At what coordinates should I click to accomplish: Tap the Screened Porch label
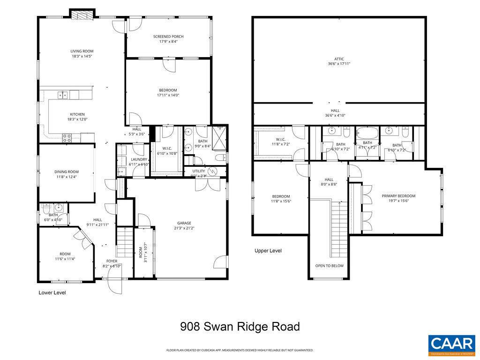coord(168,39)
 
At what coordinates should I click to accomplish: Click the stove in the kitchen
coord(67,138)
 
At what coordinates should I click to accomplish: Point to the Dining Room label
coord(66,174)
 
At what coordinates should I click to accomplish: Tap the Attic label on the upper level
coord(339,61)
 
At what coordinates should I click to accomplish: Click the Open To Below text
coord(329,266)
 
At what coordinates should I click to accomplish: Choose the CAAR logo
coord(452,345)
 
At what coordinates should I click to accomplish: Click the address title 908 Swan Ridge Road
coord(240,327)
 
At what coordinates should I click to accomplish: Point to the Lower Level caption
coord(52,293)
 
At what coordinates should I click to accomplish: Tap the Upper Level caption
coord(268,251)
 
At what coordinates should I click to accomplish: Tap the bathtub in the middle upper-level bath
coord(367,134)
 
